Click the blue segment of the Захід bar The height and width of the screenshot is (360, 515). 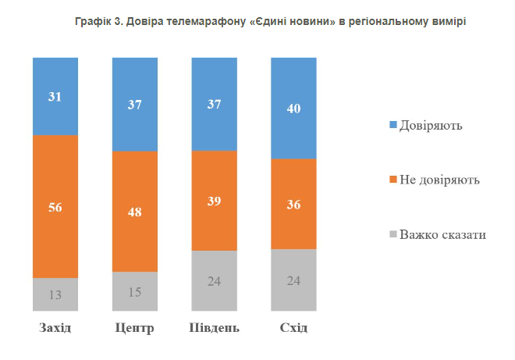pyautogui.click(x=55, y=96)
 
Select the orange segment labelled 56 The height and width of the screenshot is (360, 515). pyautogui.click(x=55, y=207)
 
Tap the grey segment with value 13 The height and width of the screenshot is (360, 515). pyautogui.click(x=55, y=294)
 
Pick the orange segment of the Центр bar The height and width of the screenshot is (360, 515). pyautogui.click(x=135, y=211)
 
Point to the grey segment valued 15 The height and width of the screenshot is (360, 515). pyautogui.click(x=135, y=291)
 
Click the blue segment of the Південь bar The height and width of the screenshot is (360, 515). pyautogui.click(x=214, y=104)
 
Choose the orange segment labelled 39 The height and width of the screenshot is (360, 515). pyautogui.click(x=214, y=201)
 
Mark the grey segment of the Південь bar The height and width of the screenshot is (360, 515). pyautogui.click(x=214, y=281)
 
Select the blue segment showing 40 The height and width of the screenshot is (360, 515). pyautogui.click(x=293, y=108)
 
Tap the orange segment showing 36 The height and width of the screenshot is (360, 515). pyautogui.click(x=293, y=204)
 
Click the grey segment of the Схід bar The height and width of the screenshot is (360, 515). pyautogui.click(x=293, y=280)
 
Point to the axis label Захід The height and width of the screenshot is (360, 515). pyautogui.click(x=55, y=327)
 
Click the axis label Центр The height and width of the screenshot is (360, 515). pyautogui.click(x=135, y=327)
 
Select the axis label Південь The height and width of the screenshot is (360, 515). pyautogui.click(x=214, y=327)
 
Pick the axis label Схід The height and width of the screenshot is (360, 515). pyautogui.click(x=293, y=327)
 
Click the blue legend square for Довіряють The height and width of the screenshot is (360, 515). pyautogui.click(x=392, y=124)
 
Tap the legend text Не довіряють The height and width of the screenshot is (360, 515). pyautogui.click(x=439, y=180)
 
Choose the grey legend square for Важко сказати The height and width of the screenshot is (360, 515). pyautogui.click(x=392, y=234)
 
